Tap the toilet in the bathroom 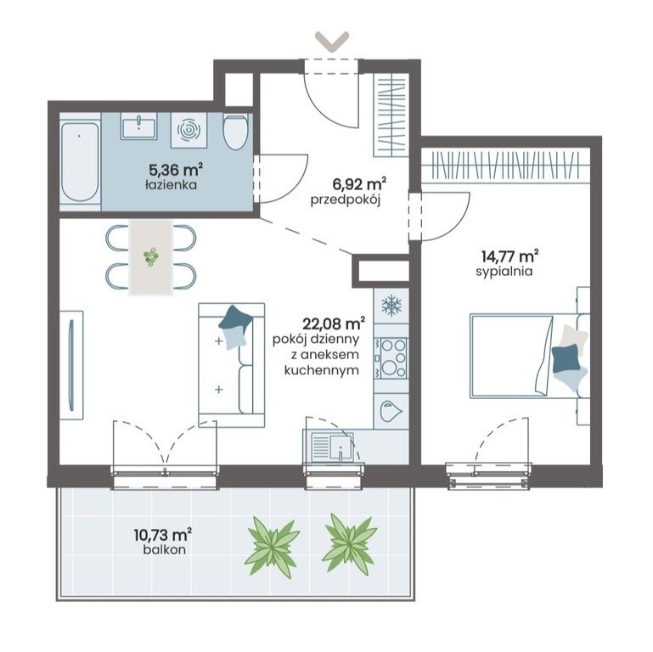coord(235,131)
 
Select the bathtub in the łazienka coord(80,162)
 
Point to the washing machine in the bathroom coord(189,130)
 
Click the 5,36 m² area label coord(176,170)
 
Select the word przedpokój coord(346,200)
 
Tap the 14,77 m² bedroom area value coord(509,255)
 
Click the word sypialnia coord(504,272)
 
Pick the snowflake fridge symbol coord(391,305)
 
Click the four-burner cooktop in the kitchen coord(391,358)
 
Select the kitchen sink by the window coord(332,447)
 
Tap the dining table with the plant coord(151,257)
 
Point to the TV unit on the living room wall coord(71,365)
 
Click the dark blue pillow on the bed coord(566,358)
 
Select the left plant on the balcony coord(273,546)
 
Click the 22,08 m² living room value coord(334,323)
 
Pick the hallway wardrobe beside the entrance coord(391,115)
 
